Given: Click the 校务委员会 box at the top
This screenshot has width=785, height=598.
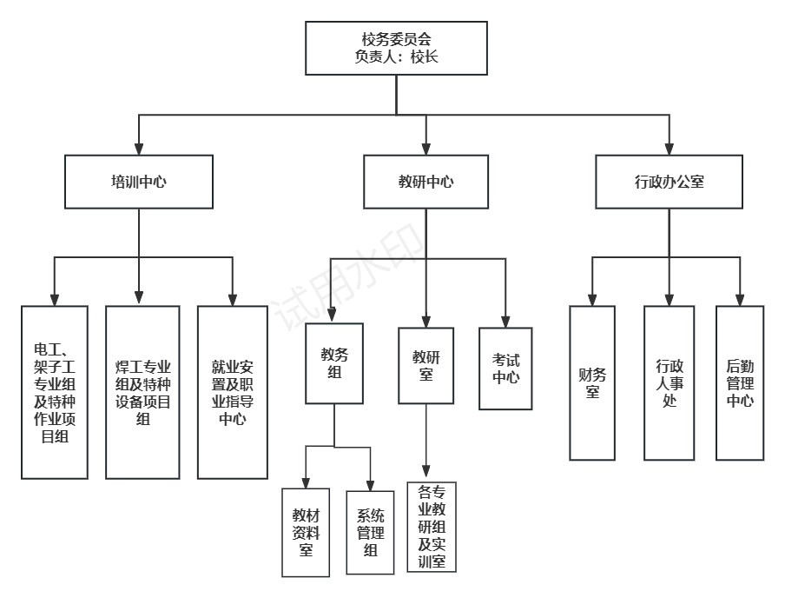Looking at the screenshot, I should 396,48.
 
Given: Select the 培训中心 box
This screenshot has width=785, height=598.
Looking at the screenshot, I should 139,182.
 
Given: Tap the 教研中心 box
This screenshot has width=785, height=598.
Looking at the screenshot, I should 425,182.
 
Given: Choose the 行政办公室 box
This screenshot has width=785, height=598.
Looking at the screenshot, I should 669,182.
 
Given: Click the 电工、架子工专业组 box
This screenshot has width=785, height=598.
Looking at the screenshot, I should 55,391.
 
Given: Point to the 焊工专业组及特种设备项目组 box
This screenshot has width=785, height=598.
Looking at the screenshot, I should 142,391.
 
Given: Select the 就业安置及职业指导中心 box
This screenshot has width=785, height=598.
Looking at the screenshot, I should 232,391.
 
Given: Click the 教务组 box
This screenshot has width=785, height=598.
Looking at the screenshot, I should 334,363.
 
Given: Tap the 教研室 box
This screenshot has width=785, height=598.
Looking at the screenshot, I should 425,365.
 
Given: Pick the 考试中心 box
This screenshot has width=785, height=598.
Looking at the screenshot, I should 505,369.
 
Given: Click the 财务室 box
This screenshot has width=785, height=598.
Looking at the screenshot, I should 592,382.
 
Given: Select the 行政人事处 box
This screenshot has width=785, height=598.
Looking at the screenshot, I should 669,382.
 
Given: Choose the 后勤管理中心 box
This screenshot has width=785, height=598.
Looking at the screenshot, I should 740,382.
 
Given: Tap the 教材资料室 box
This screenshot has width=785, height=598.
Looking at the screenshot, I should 306,532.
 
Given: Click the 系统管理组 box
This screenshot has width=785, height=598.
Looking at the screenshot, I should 371,532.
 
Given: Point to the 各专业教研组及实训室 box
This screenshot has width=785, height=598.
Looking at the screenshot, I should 432,527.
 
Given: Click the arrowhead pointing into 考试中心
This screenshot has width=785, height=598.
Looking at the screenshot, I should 505,321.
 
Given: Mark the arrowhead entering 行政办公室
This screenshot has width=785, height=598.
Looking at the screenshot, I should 669,149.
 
